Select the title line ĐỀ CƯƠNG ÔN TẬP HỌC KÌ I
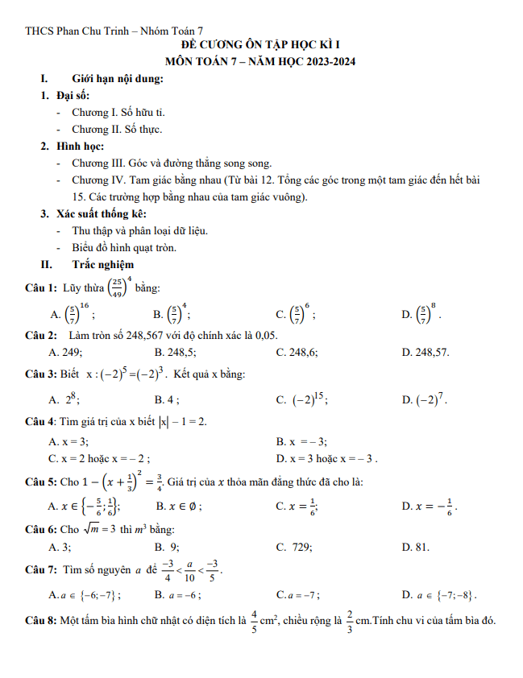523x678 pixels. tap(261, 46)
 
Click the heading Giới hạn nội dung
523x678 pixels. tap(118, 79)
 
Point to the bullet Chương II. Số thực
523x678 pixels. tap(117, 129)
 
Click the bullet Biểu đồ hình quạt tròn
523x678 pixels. tap(124, 247)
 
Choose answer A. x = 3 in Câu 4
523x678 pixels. tap(68, 441)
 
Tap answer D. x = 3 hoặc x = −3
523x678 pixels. tap(326, 459)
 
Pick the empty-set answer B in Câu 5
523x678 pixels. tap(178, 506)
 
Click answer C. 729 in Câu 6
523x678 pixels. tap(294, 547)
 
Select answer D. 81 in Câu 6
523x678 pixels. tap(415, 547)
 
